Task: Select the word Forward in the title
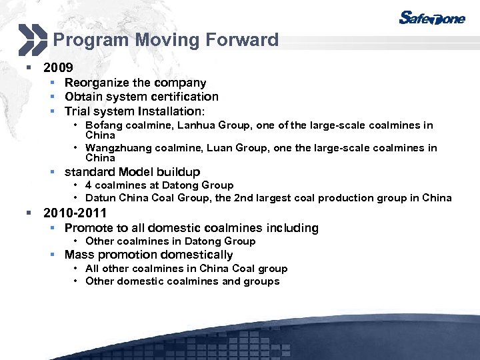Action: (x=241, y=40)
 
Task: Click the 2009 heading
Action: (x=58, y=68)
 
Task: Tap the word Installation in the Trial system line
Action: (x=171, y=111)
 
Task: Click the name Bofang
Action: (x=102, y=125)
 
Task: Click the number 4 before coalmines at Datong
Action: (x=89, y=185)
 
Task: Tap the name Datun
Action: (x=101, y=198)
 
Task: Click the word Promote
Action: (x=89, y=228)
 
